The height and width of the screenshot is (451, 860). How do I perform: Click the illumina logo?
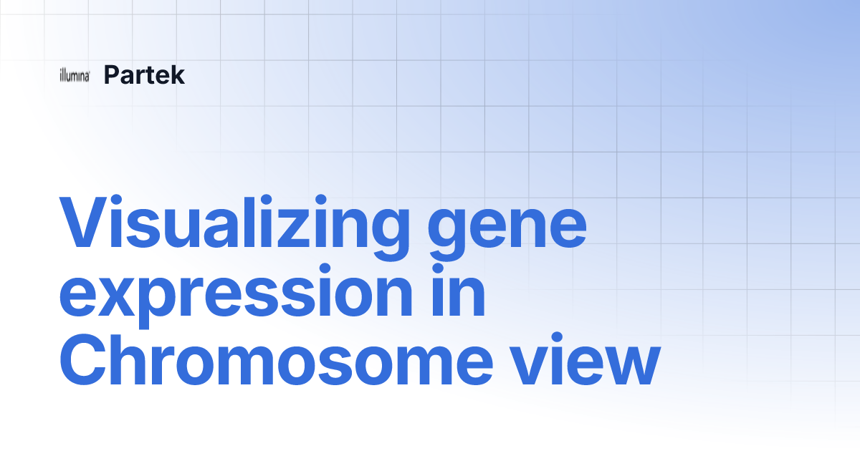coord(75,75)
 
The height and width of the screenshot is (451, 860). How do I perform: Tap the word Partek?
coord(144,74)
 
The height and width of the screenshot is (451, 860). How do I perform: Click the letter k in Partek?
coord(178,74)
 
